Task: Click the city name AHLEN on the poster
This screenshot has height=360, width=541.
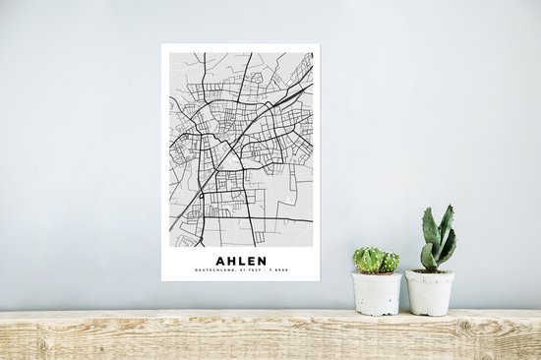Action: click(241, 261)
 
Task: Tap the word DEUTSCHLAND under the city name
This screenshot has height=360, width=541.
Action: click(214, 271)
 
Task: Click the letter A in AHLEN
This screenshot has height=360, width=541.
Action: click(219, 261)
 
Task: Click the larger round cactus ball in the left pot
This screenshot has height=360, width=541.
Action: click(369, 260)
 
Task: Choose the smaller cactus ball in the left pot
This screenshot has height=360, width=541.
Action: click(390, 262)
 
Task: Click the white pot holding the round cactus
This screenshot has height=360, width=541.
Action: click(378, 293)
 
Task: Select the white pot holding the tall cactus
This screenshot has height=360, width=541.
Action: click(430, 293)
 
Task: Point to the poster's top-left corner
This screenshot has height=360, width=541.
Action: click(163, 45)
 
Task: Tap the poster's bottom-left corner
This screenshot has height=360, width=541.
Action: click(163, 280)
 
